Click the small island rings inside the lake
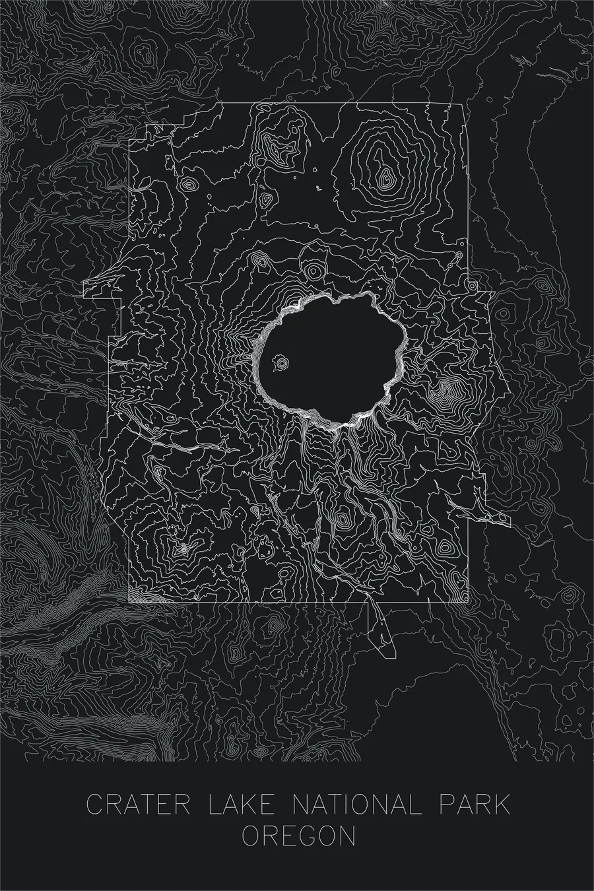tap(282, 363)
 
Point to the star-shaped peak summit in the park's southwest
tap(183, 548)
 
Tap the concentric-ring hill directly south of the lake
tap(342, 519)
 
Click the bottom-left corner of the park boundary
tap(129, 603)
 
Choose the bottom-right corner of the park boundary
tap(469, 603)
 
